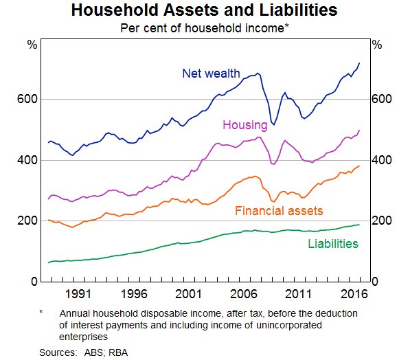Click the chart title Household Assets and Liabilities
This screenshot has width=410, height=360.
pyautogui.click(x=205, y=10)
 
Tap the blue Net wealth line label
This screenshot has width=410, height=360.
pyautogui.click(x=212, y=73)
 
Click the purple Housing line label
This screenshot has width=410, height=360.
pyautogui.click(x=244, y=124)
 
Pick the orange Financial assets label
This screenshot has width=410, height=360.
pyautogui.click(x=279, y=210)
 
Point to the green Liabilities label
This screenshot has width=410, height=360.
pyautogui.click(x=333, y=243)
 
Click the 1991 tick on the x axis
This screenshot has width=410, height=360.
pyautogui.click(x=80, y=293)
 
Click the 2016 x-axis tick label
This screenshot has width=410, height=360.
pyautogui.click(x=352, y=293)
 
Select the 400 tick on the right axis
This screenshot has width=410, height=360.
pyautogui.click(x=383, y=160)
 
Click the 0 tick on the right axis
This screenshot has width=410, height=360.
pyautogui.click(x=376, y=282)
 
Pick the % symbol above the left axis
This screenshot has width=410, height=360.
pyautogui.click(x=32, y=45)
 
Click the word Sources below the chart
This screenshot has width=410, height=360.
pyautogui.click(x=58, y=352)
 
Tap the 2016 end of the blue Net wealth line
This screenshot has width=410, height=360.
pyautogui.click(x=359, y=64)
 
